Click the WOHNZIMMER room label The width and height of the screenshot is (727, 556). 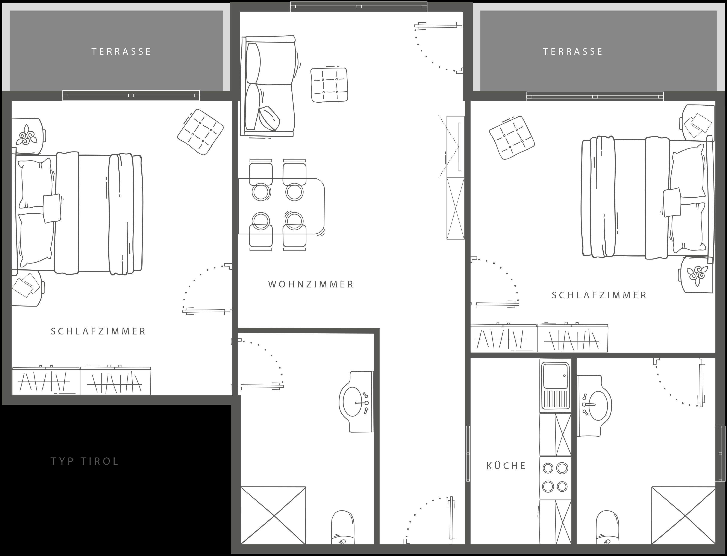311,284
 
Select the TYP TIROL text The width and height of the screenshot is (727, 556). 85,461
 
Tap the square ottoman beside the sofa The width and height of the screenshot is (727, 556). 329,85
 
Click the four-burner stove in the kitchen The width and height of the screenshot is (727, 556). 555,478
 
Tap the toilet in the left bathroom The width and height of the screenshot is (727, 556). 343,527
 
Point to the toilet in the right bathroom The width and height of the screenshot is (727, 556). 608,527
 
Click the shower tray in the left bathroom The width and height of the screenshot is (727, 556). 273,515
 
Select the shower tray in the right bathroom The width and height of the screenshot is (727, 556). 683,515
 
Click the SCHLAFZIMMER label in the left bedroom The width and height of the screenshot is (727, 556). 98,331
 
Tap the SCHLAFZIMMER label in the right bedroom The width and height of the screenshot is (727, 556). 599,295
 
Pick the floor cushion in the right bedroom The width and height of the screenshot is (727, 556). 512,138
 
